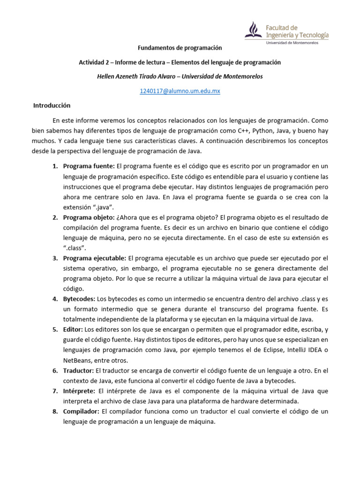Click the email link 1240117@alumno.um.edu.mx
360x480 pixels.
click(x=180, y=91)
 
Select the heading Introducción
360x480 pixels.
click(x=52, y=105)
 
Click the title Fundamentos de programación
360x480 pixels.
click(x=180, y=48)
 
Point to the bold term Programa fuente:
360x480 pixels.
click(x=89, y=166)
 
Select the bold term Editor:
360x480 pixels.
click(x=74, y=329)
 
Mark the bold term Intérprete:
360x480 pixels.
click(x=80, y=391)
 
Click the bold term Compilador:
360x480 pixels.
click(x=81, y=411)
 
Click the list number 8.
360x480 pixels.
click(x=55, y=411)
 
